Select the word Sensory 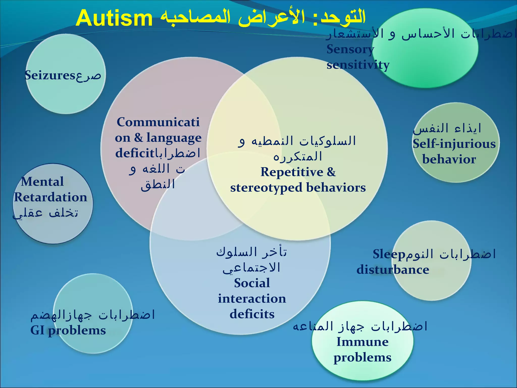point(350,49)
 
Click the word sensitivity point(358,65)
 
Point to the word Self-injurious point(454,144)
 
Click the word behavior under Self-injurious point(449,159)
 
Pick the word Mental point(42,182)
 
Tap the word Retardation point(50,197)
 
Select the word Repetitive point(292,172)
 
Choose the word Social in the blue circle point(252,283)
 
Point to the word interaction point(252,299)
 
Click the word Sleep point(389,254)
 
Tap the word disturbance point(393,270)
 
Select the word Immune point(363,342)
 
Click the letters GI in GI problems point(37,330)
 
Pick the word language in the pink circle point(174,138)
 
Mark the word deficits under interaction point(252,314)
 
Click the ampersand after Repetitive point(331,172)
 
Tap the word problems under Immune point(363,358)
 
